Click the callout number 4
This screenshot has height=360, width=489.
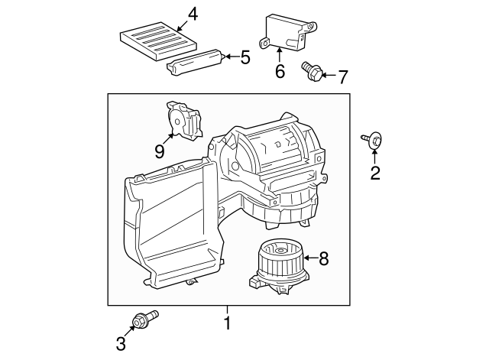tap(193, 15)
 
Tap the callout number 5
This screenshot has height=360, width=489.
tap(245, 57)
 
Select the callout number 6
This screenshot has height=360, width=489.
tap(280, 71)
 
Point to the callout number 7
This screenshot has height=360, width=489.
tap(343, 76)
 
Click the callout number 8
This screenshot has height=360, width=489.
tap(324, 258)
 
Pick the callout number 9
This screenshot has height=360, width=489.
tap(160, 151)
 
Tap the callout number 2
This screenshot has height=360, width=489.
tap(375, 173)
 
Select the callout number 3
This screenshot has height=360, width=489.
tap(121, 344)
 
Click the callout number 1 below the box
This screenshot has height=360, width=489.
tap(228, 323)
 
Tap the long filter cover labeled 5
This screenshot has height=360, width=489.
tap(196, 62)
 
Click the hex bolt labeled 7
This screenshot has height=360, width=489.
tap(312, 71)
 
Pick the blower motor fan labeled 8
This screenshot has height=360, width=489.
tap(278, 268)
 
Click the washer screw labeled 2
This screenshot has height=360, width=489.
tap(372, 140)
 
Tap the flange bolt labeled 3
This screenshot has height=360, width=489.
tap(145, 319)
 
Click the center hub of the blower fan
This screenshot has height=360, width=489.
tap(281, 250)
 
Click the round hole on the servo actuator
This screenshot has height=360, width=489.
tap(176, 122)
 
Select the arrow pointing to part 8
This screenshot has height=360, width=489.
tap(311, 258)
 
